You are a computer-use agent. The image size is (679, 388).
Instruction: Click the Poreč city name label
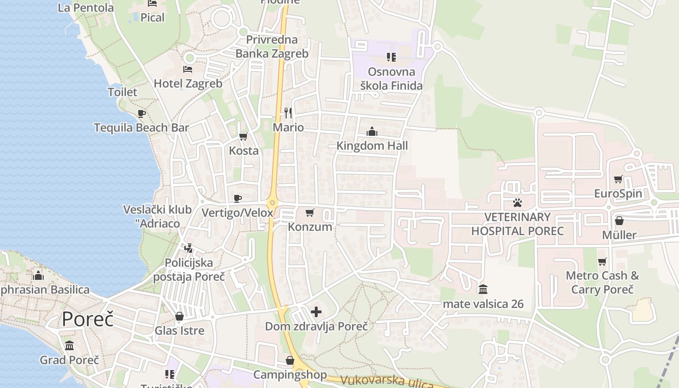coord(88,320)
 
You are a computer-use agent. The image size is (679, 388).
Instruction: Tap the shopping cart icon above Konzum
coord(310,212)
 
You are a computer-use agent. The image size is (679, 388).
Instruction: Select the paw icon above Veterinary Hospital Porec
coord(517,202)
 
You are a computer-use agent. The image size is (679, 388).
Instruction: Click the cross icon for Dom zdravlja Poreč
coord(316,312)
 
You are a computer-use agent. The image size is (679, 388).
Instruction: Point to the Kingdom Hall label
coord(372,145)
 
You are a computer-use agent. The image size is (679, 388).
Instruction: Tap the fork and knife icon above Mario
coord(288,113)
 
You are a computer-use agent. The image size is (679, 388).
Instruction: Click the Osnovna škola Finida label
coord(391,79)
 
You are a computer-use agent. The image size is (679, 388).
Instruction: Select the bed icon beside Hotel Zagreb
coord(188,69)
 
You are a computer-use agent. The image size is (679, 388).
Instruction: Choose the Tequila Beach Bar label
coord(141,128)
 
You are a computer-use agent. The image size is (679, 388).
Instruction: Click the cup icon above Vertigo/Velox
coord(238,198)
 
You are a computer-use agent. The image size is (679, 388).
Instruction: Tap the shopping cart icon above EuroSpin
coord(618,179)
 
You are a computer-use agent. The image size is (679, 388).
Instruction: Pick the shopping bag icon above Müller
coord(619,221)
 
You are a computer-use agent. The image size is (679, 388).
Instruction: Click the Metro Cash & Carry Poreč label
coord(602,283)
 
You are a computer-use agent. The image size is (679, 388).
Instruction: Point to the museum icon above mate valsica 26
coord(483,290)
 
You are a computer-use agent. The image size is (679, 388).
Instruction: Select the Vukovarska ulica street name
coord(386,381)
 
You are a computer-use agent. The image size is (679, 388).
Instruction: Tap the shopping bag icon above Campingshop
coord(290,360)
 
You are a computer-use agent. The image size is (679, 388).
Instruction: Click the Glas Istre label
coord(179,331)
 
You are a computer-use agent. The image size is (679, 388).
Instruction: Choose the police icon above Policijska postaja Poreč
coord(189,248)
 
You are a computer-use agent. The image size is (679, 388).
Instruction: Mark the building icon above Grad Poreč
coord(69,346)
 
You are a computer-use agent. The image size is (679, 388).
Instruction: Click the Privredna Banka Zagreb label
coord(272,47)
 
